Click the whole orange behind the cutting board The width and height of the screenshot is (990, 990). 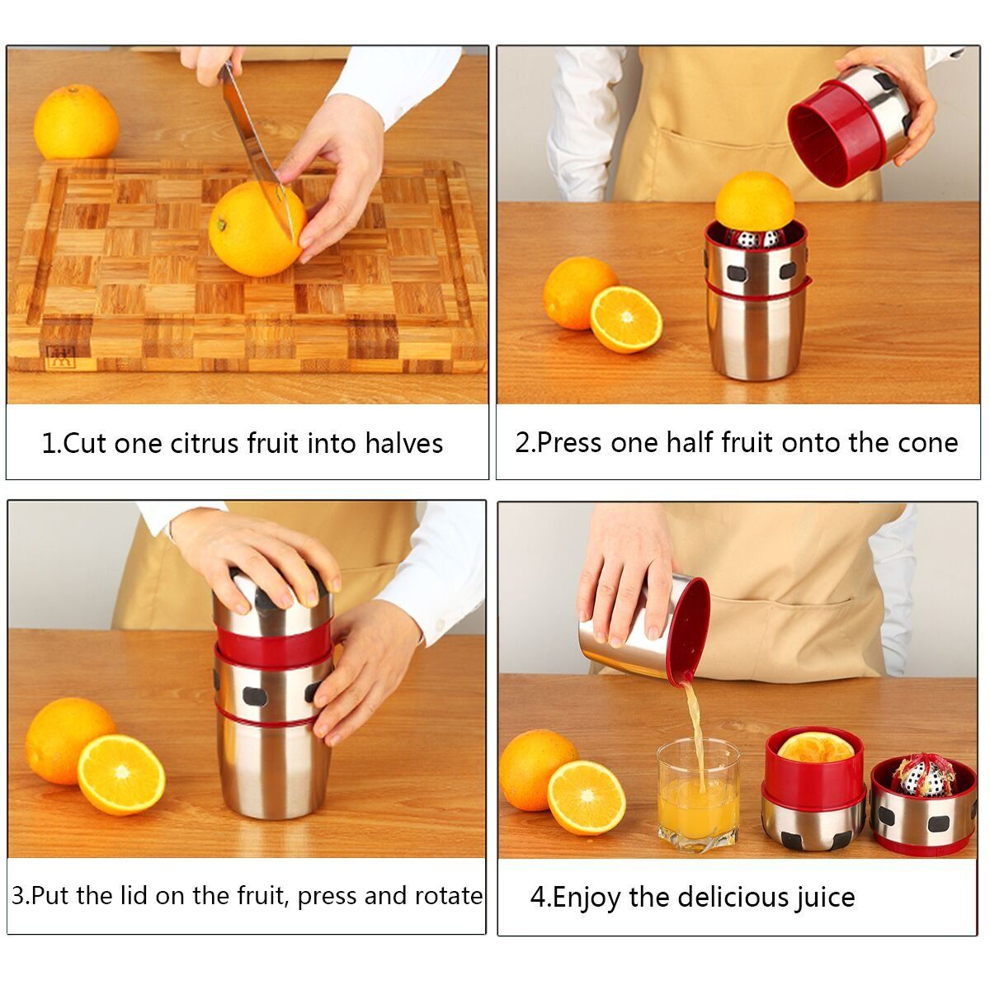(76, 122)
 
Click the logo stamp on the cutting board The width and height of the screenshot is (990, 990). (61, 356)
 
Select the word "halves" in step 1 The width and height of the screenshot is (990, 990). (403, 443)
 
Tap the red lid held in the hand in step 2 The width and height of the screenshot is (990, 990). (835, 134)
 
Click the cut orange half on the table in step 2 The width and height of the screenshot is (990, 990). (625, 319)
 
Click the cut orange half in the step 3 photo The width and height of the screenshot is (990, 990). (121, 775)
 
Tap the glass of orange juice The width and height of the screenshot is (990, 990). (698, 795)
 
